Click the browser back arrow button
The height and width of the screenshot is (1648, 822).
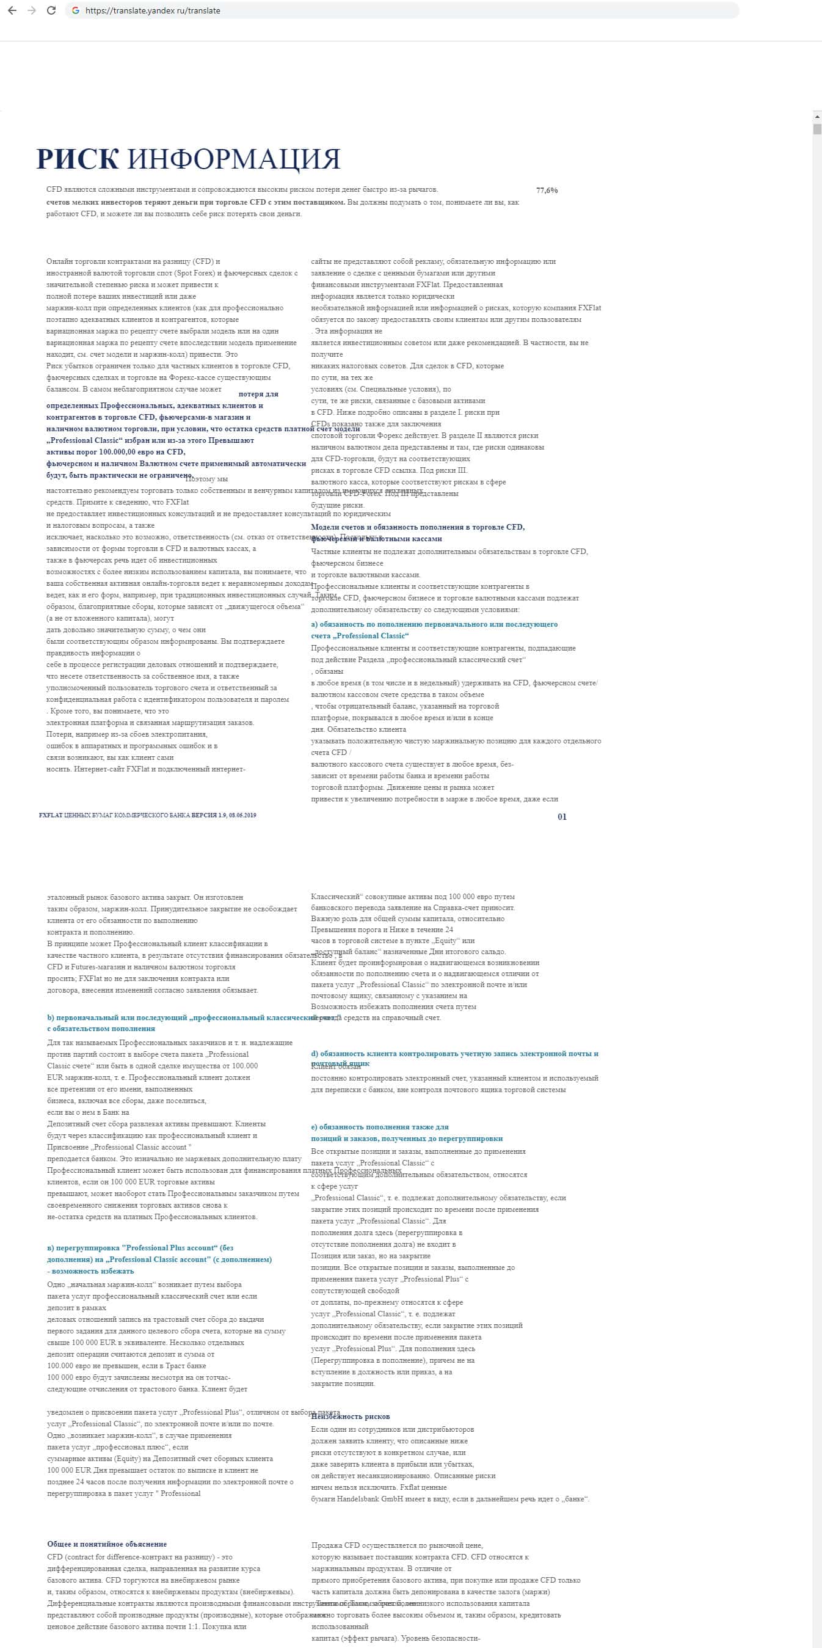[x=12, y=11]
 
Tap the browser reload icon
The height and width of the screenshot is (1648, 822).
[x=51, y=11]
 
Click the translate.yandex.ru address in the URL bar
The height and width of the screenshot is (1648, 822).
[x=152, y=11]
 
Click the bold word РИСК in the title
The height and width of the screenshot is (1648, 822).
[x=78, y=159]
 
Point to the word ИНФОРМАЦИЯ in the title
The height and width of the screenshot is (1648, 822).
[x=233, y=159]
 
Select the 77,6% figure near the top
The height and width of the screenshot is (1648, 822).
[x=547, y=191]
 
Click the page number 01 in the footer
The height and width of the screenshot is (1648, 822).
[x=562, y=817]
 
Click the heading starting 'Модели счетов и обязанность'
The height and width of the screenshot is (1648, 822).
[x=417, y=527]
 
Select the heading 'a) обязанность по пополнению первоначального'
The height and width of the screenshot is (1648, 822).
[x=434, y=624]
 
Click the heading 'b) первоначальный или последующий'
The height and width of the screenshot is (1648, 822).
[x=173, y=1018]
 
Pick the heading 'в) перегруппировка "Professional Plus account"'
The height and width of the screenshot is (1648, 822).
[x=140, y=1248]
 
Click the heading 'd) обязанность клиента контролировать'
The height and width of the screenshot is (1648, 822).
[x=454, y=1054]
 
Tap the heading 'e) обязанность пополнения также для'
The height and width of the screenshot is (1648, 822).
[x=379, y=1127]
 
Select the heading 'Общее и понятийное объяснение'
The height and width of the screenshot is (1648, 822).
[x=107, y=1544]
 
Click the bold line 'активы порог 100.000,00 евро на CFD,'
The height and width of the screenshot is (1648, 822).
[x=115, y=452]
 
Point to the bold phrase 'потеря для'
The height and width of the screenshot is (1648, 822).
[x=258, y=394]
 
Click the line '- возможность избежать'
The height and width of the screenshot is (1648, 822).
[x=90, y=1271]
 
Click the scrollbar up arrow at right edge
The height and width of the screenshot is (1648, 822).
[x=817, y=117]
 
